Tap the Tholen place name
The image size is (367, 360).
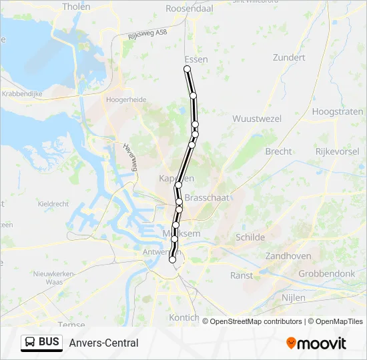coord(75,7)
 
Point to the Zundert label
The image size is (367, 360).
coord(289,58)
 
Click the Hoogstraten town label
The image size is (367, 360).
coord(337,111)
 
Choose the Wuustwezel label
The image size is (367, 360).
coord(256,119)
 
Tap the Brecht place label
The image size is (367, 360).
coord(278,151)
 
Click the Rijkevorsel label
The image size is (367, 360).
coord(338,151)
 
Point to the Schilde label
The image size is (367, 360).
coord(250,237)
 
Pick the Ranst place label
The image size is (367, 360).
coord(241,275)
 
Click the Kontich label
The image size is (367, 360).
coord(185,317)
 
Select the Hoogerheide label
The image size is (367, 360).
coord(126,99)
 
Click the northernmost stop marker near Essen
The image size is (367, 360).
coord(187,69)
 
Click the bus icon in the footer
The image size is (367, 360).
coord(30,343)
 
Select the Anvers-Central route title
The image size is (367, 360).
coord(103,343)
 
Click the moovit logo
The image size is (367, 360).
coord(316,343)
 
